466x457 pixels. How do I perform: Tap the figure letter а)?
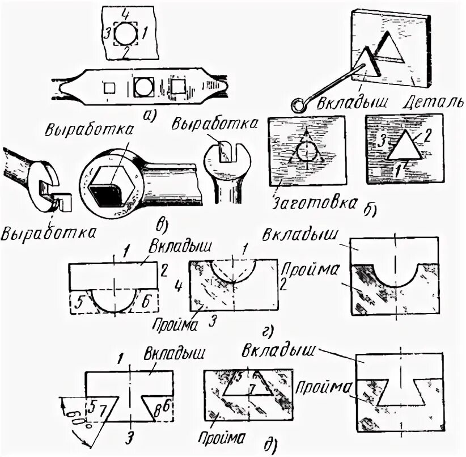tap(150, 116)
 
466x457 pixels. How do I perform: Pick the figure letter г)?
tap(265, 329)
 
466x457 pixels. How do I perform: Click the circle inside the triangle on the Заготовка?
tap(307, 153)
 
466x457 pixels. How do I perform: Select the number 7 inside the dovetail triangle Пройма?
tap(253, 387)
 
